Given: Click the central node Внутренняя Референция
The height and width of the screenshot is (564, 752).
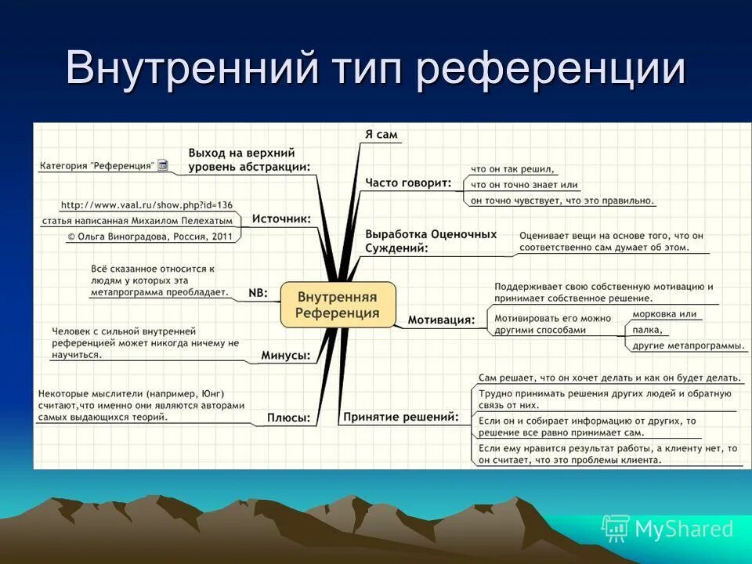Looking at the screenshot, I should pos(338,305).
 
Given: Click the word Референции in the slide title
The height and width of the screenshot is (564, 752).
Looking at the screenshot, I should pos(551,69).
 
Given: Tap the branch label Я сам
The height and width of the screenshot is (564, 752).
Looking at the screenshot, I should pos(381,135).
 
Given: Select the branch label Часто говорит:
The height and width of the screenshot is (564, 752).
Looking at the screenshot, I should pos(408,183).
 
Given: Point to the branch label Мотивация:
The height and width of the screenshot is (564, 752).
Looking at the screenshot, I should pos(441,320).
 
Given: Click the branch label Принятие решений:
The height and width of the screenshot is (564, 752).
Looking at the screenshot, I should pos(400,417).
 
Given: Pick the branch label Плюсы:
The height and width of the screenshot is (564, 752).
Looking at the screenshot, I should pos(288,418).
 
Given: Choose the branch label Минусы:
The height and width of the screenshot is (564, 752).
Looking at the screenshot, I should pos(285,356).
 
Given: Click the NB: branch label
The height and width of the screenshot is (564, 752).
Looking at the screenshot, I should pos(258,292).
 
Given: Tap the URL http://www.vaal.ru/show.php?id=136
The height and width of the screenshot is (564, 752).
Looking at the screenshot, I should pos(146,205).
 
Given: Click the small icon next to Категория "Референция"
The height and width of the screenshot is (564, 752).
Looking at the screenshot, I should pos(163,165).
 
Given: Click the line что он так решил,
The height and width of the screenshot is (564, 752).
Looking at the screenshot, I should pos(512,169).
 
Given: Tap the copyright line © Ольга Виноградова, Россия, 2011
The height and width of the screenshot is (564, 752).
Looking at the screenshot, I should pos(150,236).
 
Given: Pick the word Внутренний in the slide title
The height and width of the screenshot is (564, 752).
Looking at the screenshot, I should pos(191,69).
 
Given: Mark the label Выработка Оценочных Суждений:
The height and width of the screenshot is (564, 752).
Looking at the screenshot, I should pos(431,240).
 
